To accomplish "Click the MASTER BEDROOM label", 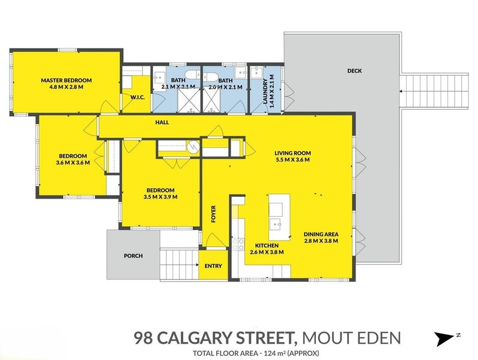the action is click(66, 80).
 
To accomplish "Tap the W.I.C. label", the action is click(137, 97).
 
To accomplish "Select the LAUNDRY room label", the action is click(265, 91).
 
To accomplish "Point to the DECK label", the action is click(354, 71).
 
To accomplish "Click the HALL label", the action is click(162, 122).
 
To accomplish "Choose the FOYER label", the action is click(213, 214).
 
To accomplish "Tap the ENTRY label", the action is click(213, 266).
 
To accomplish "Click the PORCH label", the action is click(133, 256).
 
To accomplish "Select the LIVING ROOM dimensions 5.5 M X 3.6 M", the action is click(292, 160).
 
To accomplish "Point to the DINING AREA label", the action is click(321, 234).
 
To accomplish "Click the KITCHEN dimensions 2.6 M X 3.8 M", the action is click(267, 252).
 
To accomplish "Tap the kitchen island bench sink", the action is click(277, 225).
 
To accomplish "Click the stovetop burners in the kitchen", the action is click(238, 244).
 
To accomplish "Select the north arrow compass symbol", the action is click(445, 338).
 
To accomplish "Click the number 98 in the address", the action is click(143, 338).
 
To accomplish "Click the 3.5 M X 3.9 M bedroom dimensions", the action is click(160, 197).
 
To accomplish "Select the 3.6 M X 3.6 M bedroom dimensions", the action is click(73, 163).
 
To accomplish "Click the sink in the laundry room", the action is click(256, 73).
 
